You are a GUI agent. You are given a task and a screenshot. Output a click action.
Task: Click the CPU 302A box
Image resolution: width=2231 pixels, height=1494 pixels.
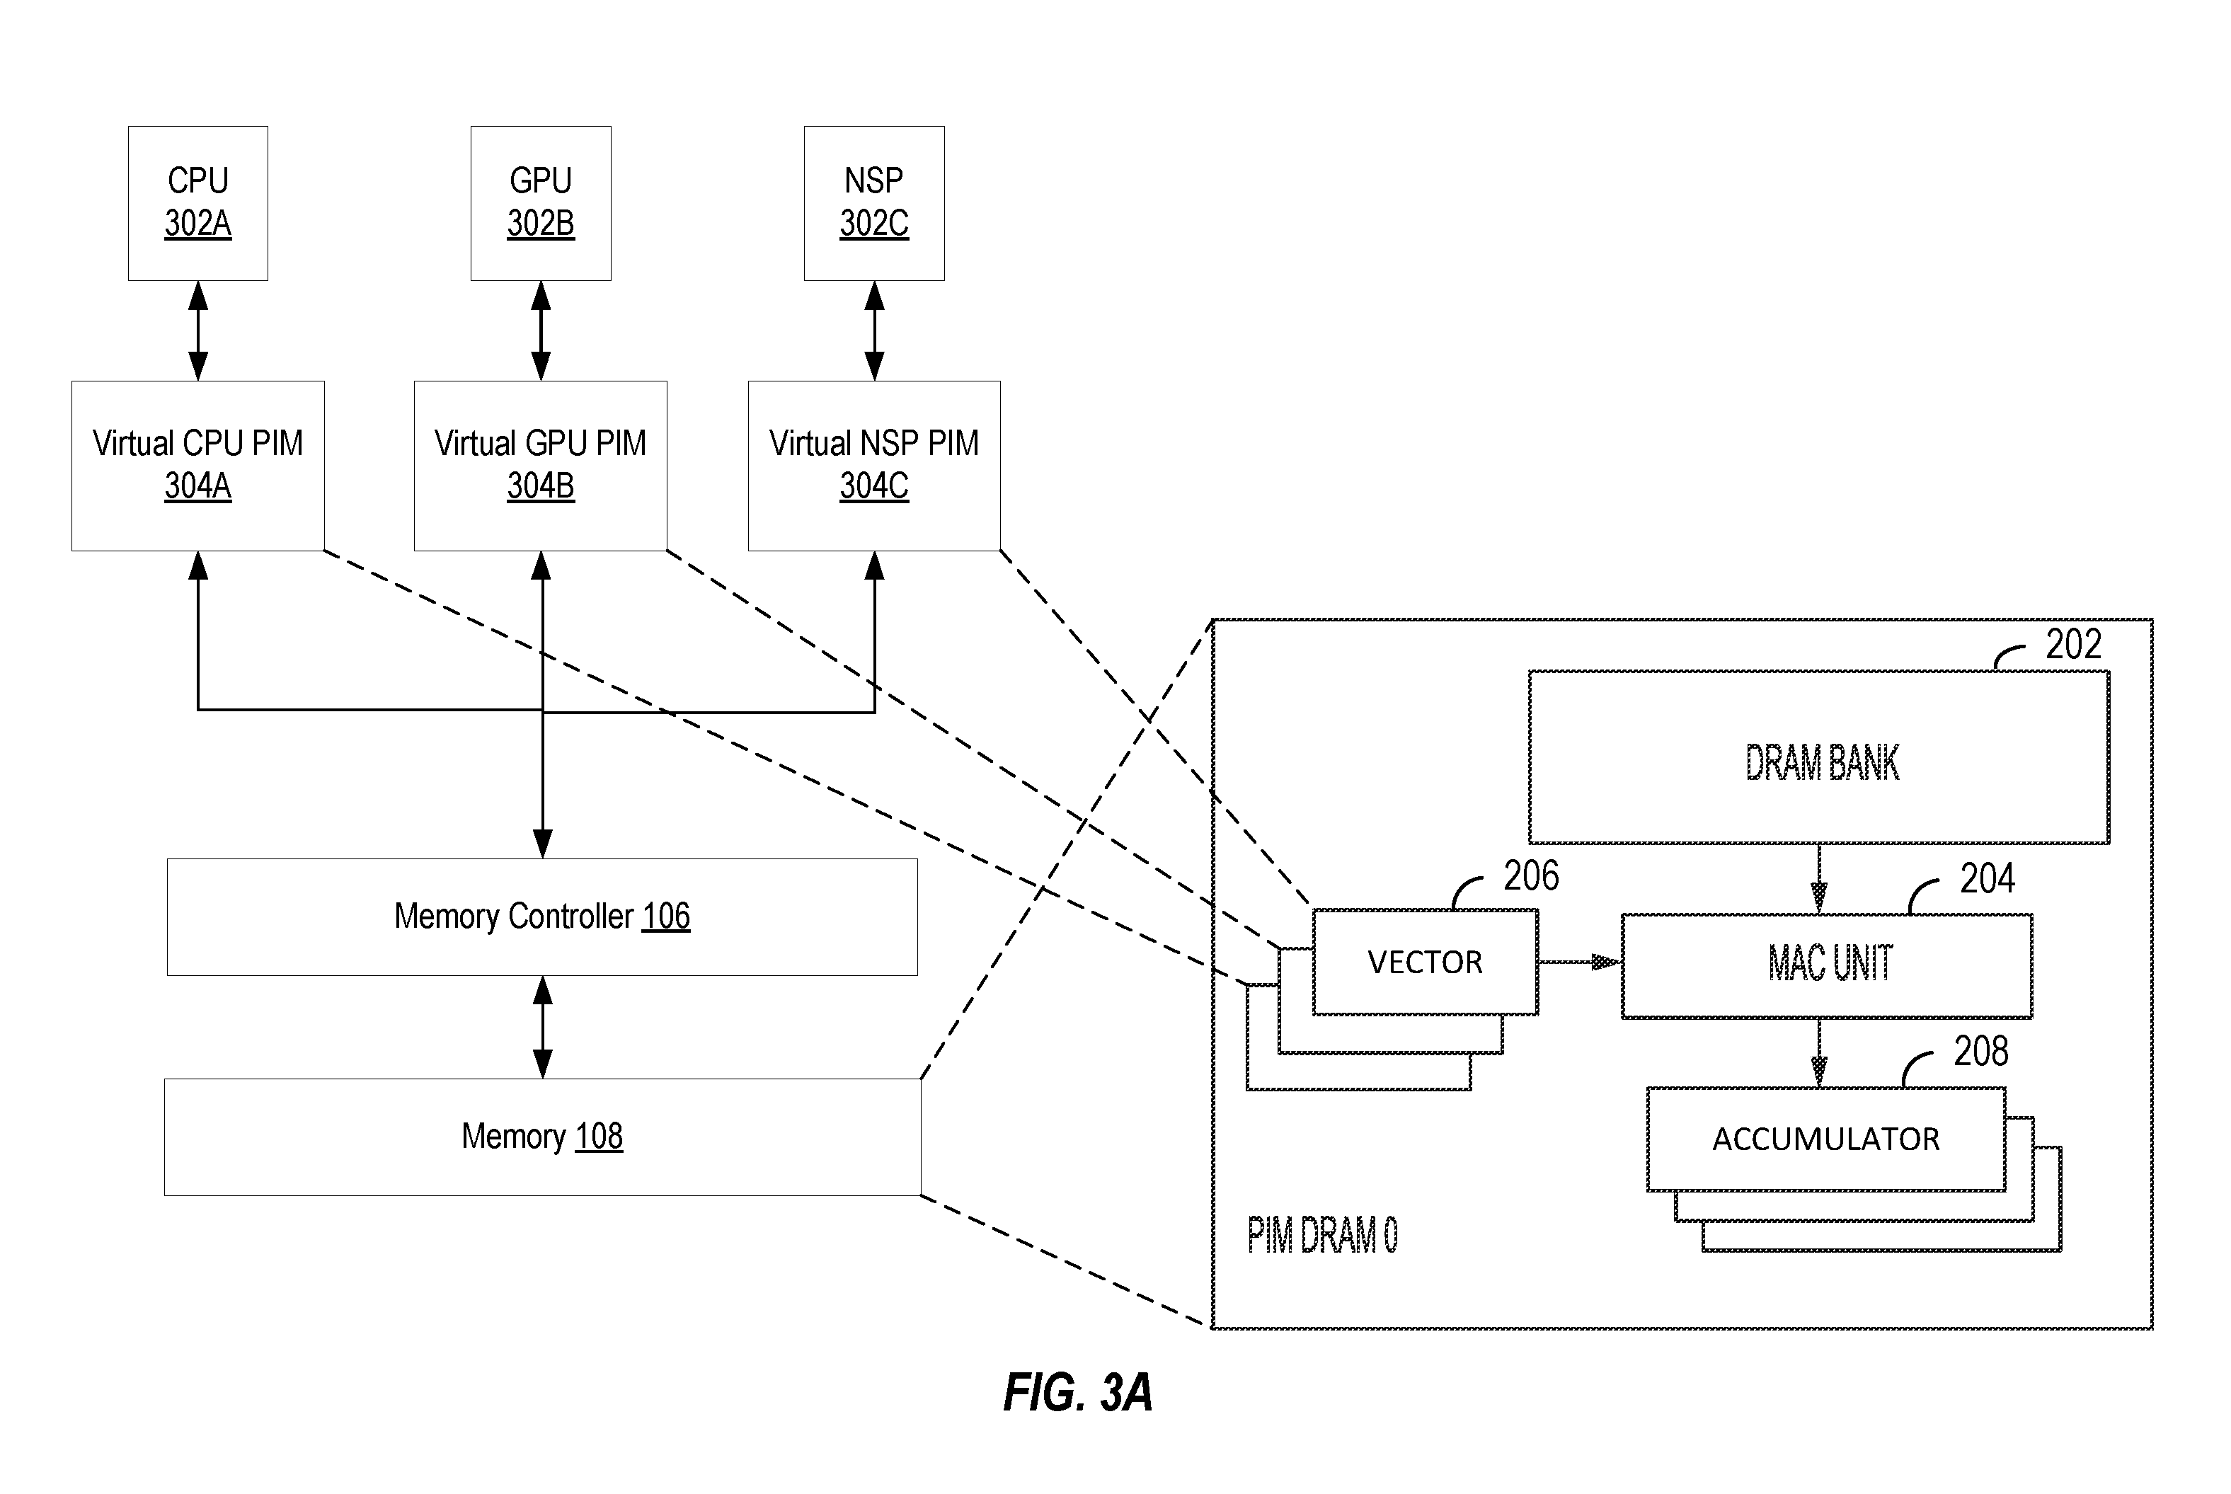tap(198, 203)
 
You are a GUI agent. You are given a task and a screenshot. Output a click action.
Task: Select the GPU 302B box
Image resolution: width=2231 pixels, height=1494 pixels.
tap(540, 203)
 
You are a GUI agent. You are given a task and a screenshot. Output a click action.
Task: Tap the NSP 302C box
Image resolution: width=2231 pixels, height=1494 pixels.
tap(874, 203)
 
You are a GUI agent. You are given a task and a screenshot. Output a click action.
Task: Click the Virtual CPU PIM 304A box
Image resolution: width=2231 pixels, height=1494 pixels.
tap(198, 466)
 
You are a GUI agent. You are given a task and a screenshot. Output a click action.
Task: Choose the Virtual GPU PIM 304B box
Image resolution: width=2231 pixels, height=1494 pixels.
tap(540, 466)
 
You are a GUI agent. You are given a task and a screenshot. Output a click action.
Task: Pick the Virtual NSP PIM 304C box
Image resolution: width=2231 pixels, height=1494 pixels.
tap(874, 466)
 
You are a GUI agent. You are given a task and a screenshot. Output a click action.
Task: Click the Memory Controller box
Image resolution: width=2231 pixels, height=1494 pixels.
tap(542, 916)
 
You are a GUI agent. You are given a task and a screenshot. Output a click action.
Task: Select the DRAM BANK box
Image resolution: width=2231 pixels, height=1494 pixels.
tap(1818, 757)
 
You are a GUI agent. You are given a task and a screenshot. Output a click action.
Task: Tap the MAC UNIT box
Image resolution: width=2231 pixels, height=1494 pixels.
tap(1827, 966)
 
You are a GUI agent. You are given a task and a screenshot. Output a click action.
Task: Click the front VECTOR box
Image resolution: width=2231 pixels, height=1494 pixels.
tap(1425, 961)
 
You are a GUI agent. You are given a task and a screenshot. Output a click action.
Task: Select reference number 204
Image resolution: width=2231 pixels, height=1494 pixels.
tap(1987, 878)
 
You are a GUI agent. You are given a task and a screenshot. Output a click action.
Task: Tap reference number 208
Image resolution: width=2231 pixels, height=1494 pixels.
tap(1980, 1052)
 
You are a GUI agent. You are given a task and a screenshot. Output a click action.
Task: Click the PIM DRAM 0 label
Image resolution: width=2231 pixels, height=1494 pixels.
tap(1323, 1235)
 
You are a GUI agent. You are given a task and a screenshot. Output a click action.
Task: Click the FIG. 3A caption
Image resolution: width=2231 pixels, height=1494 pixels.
tap(1078, 1392)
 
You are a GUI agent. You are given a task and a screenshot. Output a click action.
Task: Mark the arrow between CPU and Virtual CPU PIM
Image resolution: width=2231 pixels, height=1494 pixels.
tap(198, 331)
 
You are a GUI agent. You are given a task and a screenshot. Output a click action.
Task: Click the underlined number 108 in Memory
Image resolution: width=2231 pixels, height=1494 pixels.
tap(599, 1136)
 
